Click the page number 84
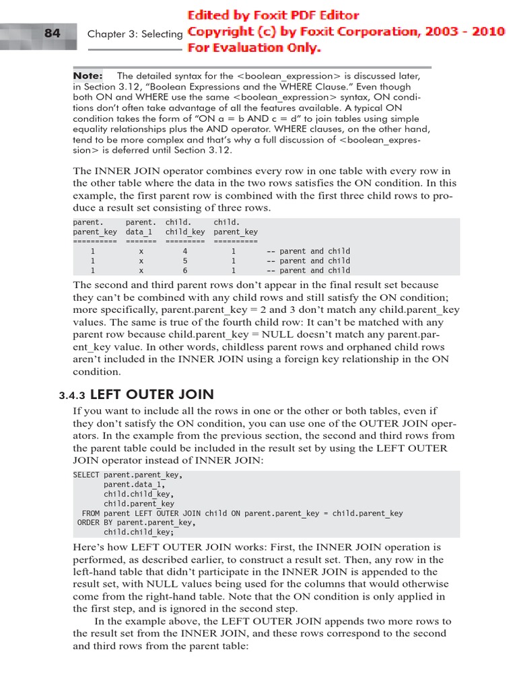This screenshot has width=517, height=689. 52,33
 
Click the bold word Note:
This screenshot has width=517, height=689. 88,76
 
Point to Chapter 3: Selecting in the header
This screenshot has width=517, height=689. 135,34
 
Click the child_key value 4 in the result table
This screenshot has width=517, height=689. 185,251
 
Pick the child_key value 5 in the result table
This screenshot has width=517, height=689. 185,261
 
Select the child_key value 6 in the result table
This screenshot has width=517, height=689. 185,270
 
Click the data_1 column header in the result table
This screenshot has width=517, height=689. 141,232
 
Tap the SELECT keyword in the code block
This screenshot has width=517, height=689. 86,474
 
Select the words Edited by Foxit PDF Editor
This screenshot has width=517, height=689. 273,15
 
